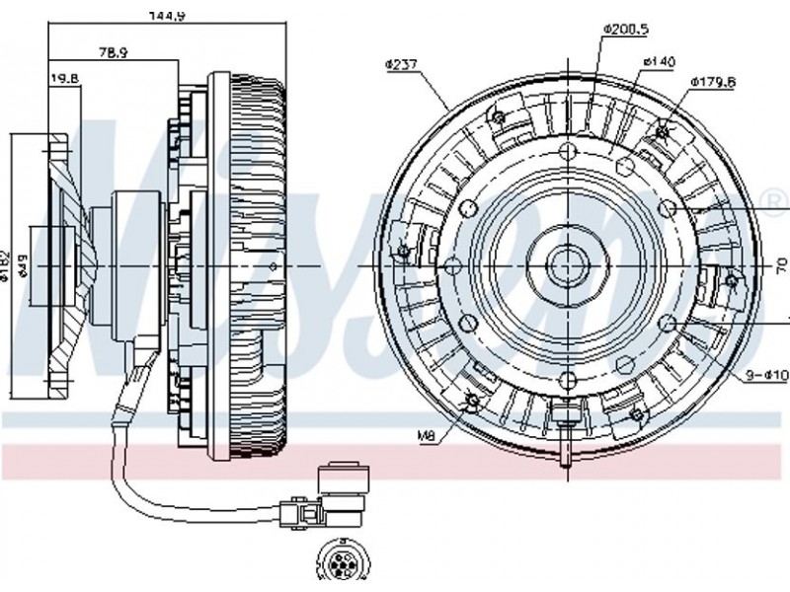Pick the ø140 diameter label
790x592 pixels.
[x=658, y=62]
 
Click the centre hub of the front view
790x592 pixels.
[x=566, y=264]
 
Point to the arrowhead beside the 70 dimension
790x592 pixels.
[x=785, y=318]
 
